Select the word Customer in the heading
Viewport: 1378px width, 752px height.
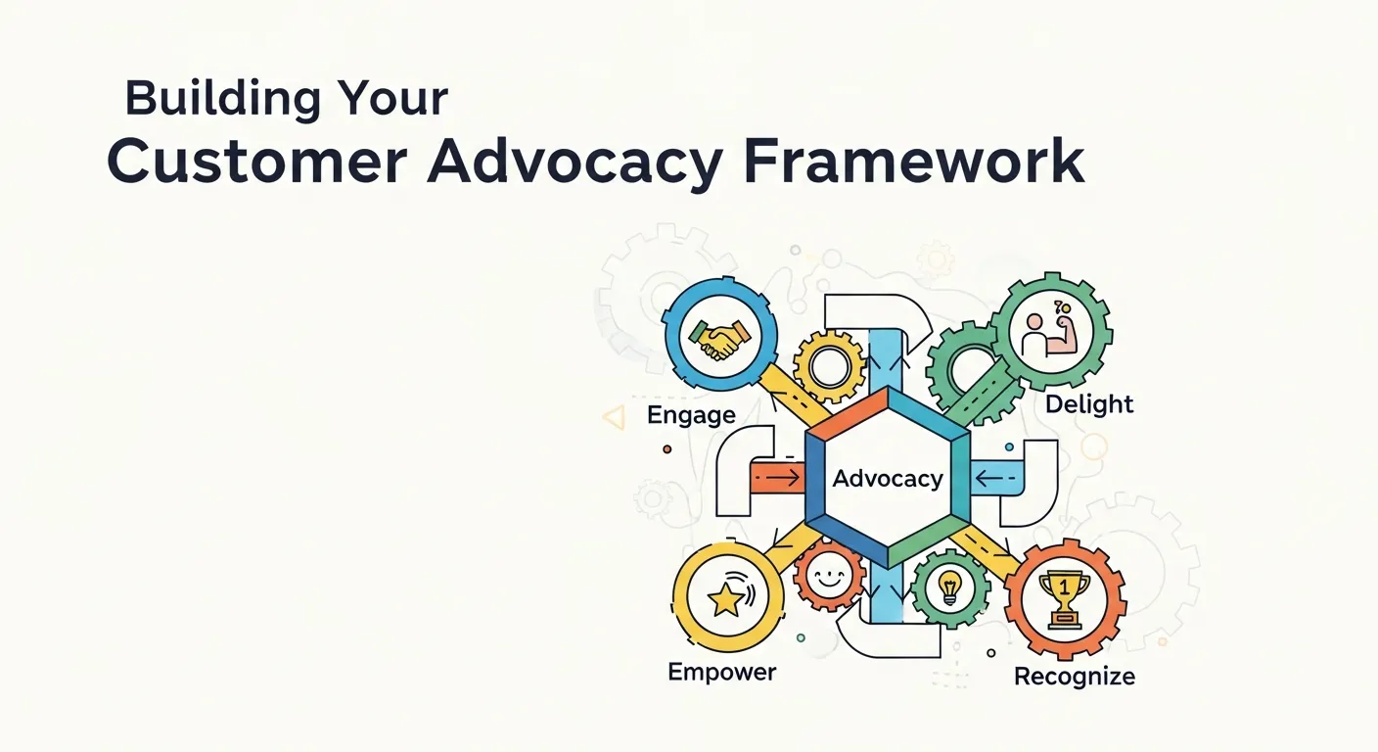pos(256,164)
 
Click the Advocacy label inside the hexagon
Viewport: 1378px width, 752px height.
pos(888,479)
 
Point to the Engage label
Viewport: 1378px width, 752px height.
pos(691,415)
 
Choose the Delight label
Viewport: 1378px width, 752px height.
pos(1089,403)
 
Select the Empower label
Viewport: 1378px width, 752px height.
pos(722,672)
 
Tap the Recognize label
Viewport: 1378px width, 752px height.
pos(1075,676)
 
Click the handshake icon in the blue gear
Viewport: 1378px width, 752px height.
pos(719,338)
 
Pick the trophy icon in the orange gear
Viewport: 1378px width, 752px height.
pos(1064,597)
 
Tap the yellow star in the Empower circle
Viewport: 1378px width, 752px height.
pos(725,599)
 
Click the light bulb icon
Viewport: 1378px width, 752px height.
pos(949,587)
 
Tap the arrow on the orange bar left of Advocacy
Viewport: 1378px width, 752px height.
pos(779,479)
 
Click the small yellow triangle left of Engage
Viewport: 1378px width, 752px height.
pos(615,418)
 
